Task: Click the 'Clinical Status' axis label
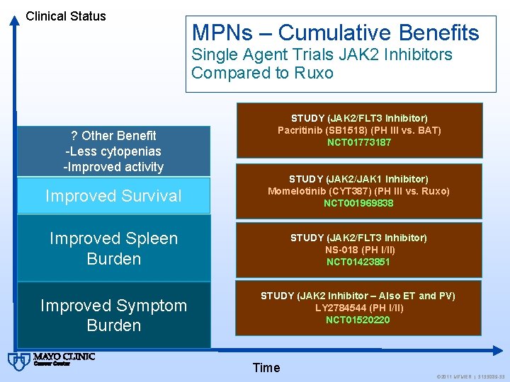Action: (x=65, y=16)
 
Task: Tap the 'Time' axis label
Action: (x=266, y=367)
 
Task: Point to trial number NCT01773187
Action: (x=358, y=142)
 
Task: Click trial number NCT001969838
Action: (x=358, y=203)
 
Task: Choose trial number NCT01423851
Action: (x=358, y=262)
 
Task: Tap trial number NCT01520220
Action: (x=358, y=320)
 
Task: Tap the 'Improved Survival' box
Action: (x=113, y=196)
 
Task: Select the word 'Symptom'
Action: (x=153, y=306)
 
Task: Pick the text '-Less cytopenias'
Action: (x=113, y=151)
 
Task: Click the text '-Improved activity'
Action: (x=113, y=167)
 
